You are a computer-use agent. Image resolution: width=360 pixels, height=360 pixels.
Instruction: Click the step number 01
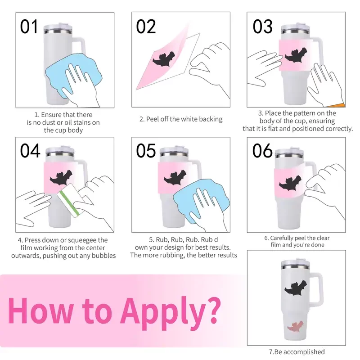click(x=29, y=27)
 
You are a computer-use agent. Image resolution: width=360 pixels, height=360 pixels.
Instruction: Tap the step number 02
click(x=146, y=27)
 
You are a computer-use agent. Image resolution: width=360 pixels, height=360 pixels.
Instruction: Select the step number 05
click(x=146, y=151)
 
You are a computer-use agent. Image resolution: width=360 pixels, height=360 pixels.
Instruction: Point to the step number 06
click(x=262, y=151)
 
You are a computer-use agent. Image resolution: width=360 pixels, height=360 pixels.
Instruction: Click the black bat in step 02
click(x=164, y=59)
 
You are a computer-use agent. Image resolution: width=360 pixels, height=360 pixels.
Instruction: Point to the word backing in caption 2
click(x=211, y=119)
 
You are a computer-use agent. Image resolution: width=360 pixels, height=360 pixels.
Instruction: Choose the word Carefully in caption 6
click(x=283, y=238)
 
